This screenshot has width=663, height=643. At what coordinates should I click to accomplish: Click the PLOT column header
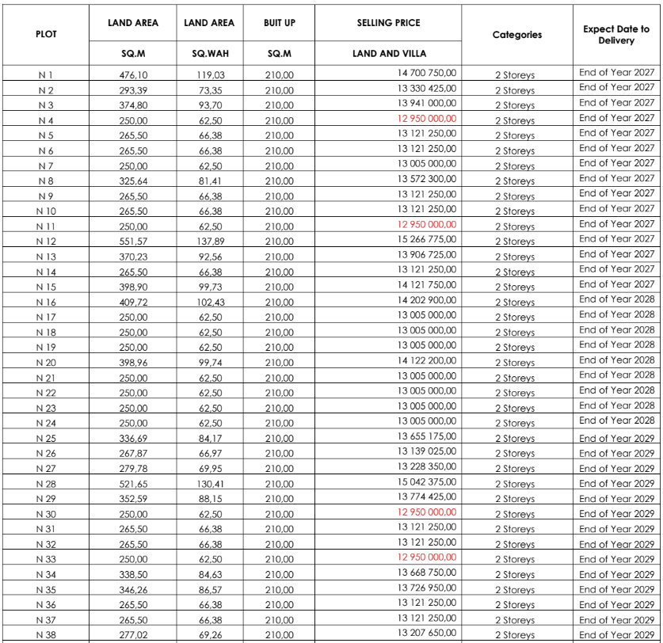[46, 34]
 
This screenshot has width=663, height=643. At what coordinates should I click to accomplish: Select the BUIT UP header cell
[279, 23]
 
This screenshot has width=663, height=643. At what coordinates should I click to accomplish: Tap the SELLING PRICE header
[388, 23]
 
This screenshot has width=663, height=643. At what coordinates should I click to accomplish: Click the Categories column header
[516, 34]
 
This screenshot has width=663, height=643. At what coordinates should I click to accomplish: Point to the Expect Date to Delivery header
[616, 34]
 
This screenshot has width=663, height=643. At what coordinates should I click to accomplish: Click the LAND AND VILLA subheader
[388, 54]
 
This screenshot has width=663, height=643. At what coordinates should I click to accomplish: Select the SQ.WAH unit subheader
[209, 54]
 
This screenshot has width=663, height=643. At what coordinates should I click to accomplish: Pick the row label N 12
[46, 242]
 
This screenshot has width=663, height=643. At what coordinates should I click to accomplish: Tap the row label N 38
[46, 635]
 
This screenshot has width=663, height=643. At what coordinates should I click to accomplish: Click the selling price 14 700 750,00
[427, 73]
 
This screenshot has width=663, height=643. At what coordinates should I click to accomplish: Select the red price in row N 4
[427, 118]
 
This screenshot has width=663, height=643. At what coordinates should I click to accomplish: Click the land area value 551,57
[133, 242]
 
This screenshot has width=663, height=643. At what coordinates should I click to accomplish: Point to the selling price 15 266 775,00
[427, 239]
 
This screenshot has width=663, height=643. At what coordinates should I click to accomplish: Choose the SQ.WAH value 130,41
[209, 484]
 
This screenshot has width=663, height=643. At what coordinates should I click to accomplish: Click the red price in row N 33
[427, 557]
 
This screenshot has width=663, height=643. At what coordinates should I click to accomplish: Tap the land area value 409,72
[133, 302]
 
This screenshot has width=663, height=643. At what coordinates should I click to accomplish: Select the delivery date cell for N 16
[616, 299]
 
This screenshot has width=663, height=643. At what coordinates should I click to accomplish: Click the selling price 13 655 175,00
[427, 436]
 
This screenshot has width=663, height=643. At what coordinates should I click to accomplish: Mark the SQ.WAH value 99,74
[209, 363]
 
